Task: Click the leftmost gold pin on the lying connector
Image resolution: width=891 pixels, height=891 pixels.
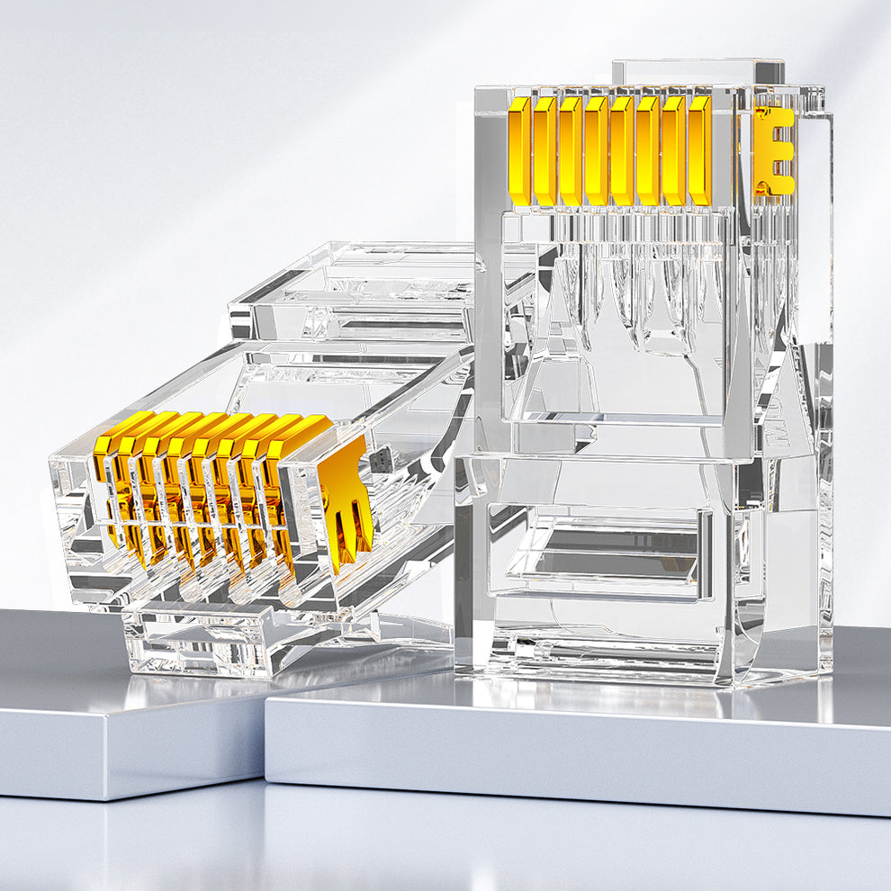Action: [x=110, y=468]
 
